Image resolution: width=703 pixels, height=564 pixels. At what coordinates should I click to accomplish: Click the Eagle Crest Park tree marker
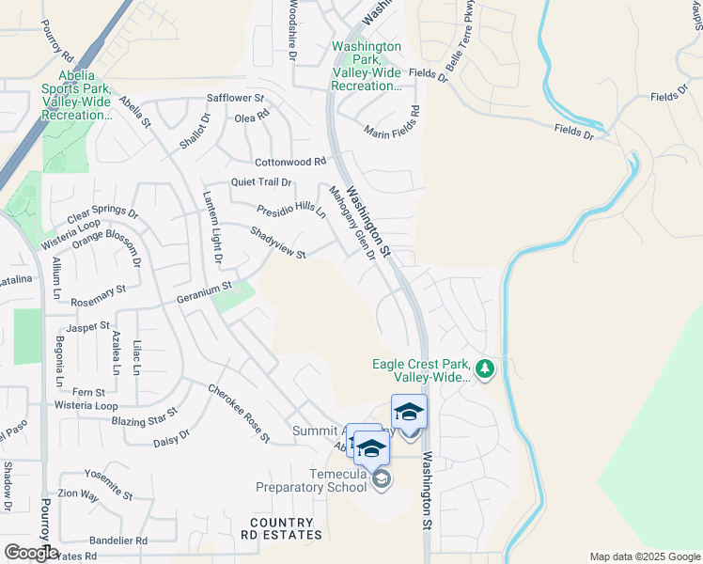pos(485,368)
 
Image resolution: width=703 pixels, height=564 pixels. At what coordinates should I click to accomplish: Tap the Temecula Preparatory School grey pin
pos(381,480)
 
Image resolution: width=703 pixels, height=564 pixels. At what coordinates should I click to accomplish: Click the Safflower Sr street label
pos(236,98)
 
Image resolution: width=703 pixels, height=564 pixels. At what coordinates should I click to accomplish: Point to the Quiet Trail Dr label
pos(261,182)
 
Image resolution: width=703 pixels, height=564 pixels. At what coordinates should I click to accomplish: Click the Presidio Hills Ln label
pos(290,210)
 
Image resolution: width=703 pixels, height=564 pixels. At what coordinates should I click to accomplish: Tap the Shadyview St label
pos(278,243)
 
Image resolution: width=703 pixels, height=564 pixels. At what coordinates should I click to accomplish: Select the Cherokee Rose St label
pos(239,414)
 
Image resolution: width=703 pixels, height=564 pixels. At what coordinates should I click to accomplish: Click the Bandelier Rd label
pos(118,540)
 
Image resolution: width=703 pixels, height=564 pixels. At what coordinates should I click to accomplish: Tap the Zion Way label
pos(78,493)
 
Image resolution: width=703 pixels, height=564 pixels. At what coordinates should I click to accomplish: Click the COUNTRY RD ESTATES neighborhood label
pos(281,528)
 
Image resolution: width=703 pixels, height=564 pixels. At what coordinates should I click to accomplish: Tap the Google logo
pos(30,553)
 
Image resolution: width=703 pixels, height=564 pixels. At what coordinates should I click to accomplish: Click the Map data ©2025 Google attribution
pos(644,556)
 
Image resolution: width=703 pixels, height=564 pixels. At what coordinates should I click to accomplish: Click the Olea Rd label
pos(252,117)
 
